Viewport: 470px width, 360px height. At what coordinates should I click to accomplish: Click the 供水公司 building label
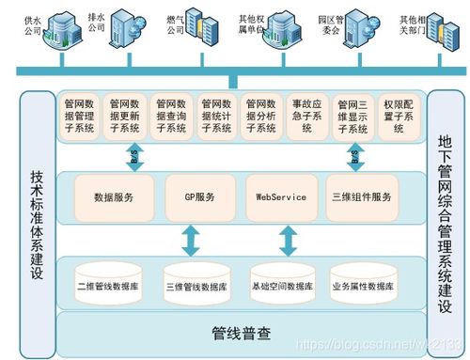point(33,23)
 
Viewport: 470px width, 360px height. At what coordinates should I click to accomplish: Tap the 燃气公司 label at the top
point(175,23)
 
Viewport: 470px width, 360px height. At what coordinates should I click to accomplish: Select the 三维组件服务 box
point(362,198)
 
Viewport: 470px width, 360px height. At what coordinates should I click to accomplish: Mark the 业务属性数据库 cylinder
point(362,284)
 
